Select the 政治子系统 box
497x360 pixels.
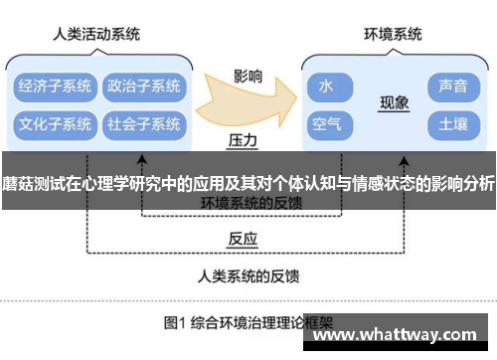tap(143, 86)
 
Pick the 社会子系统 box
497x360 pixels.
tap(143, 125)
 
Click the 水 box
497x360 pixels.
tap(326, 87)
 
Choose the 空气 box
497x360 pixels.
tap(326, 125)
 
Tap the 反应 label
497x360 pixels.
tap(243, 239)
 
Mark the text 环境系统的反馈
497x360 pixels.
tap(250, 203)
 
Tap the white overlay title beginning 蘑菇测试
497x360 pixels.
tap(248, 183)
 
